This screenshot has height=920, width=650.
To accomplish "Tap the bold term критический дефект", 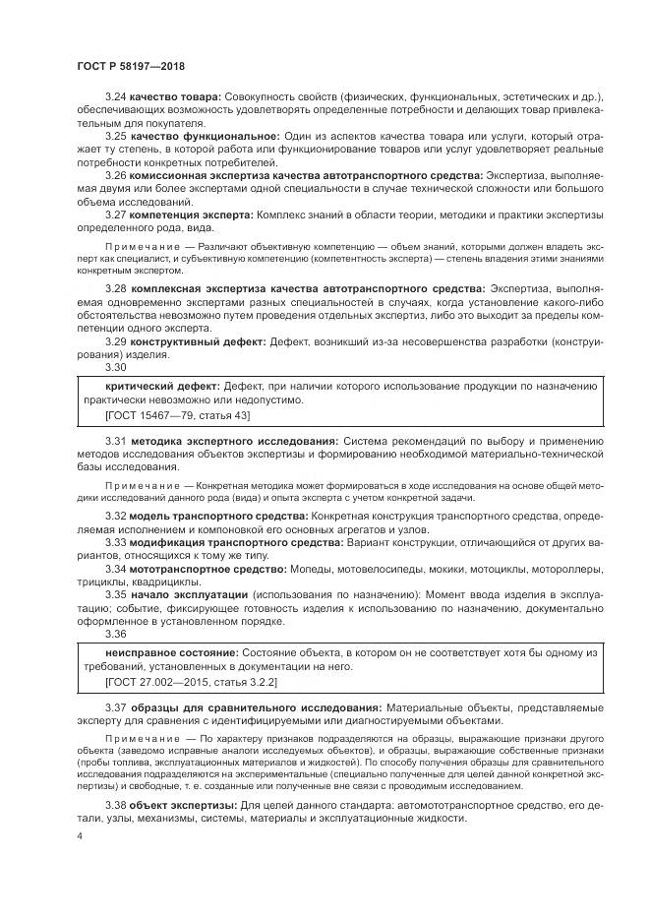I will (x=162, y=386).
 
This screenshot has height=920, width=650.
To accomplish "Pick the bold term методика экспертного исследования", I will (x=235, y=442).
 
